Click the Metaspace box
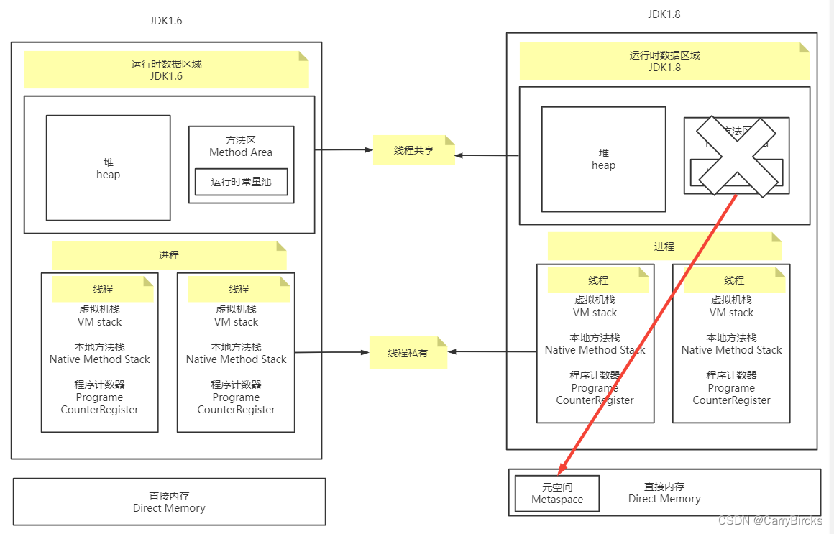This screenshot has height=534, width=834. pyautogui.click(x=557, y=493)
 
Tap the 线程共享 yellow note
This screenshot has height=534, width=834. pyautogui.click(x=414, y=150)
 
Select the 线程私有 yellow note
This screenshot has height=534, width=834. pyautogui.click(x=408, y=352)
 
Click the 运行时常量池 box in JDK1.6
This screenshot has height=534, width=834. pyautogui.click(x=241, y=183)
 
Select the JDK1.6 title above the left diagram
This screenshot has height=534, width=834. pyautogui.click(x=166, y=21)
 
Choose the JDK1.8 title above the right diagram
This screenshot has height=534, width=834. pyautogui.click(x=664, y=14)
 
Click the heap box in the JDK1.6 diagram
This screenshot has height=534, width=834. pyautogui.click(x=109, y=167)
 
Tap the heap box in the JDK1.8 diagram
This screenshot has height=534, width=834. pyautogui.click(x=603, y=159)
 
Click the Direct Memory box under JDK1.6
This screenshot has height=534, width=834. pyautogui.click(x=169, y=502)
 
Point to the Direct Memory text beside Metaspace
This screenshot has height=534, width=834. pyautogui.click(x=664, y=493)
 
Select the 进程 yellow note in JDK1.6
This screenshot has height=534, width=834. pyautogui.click(x=169, y=255)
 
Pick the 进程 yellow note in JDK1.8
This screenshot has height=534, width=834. pyautogui.click(x=664, y=246)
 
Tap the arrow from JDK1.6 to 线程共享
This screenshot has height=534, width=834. pyautogui.click(x=344, y=149)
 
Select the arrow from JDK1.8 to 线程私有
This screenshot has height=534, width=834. pyautogui.click(x=493, y=352)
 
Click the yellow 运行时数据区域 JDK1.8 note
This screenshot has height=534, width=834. pyautogui.click(x=664, y=61)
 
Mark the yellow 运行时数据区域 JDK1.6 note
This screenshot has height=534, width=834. pyautogui.click(x=166, y=70)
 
